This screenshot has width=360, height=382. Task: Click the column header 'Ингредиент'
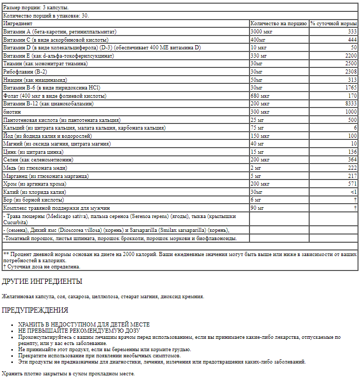click(x=18, y=24)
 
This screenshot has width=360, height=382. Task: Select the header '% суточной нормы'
click(x=334, y=24)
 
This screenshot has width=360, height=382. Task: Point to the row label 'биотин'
click(x=12, y=112)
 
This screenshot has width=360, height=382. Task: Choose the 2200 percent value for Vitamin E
click(x=351, y=56)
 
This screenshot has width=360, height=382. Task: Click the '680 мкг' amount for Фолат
click(x=260, y=96)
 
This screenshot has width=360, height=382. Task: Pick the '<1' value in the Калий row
click(x=353, y=192)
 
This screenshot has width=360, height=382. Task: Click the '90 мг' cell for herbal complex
click(x=257, y=208)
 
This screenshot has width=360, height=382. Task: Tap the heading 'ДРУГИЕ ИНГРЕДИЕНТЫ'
click(x=42, y=282)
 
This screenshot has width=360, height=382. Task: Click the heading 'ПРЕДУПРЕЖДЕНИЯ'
click(x=35, y=310)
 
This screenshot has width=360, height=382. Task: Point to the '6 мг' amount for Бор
click(x=256, y=199)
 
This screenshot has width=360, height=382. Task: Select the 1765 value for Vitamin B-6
click(x=351, y=88)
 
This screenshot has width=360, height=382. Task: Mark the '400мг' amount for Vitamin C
click(x=258, y=40)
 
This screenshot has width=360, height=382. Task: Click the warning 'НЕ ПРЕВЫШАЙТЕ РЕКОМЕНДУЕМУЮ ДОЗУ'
click(x=79, y=331)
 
